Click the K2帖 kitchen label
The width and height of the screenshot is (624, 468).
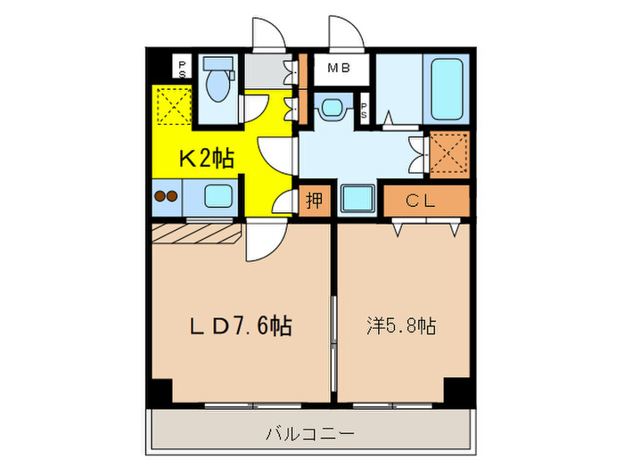[x=207, y=160]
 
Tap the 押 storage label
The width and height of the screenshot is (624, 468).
[x=315, y=201]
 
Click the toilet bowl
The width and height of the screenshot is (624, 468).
[x=217, y=86]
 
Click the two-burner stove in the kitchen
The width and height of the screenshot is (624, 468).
[x=166, y=196]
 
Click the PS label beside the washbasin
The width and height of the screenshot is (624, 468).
[x=365, y=112]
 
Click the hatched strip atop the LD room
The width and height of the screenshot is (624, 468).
[x=196, y=233]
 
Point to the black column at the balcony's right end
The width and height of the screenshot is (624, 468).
[x=456, y=390]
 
